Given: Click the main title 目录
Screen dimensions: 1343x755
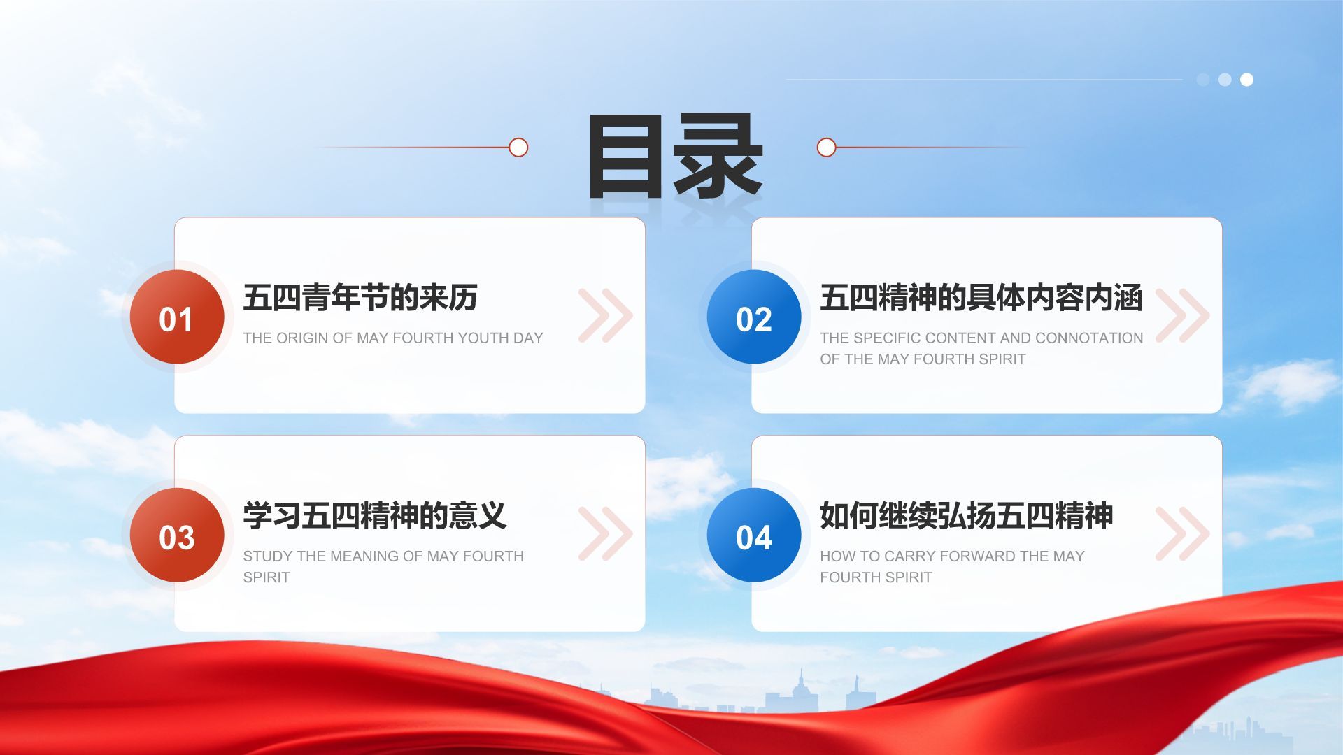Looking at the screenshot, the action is click(x=674, y=156).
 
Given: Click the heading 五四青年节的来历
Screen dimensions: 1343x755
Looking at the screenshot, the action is click(x=360, y=298).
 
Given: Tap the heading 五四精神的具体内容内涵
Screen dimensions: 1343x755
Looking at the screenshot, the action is click(x=981, y=298).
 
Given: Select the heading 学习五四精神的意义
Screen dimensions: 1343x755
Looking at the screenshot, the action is click(x=375, y=516).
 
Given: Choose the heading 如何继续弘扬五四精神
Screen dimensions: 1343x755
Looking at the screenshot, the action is click(x=967, y=516).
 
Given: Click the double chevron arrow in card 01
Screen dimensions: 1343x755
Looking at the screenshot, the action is click(x=606, y=315).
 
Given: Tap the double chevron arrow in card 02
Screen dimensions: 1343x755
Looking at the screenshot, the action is click(x=1183, y=315).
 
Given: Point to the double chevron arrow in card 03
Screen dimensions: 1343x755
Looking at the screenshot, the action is click(x=606, y=533).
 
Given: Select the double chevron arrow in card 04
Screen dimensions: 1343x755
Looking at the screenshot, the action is click(x=1183, y=533).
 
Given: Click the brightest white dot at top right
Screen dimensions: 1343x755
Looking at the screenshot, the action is click(x=1246, y=80).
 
